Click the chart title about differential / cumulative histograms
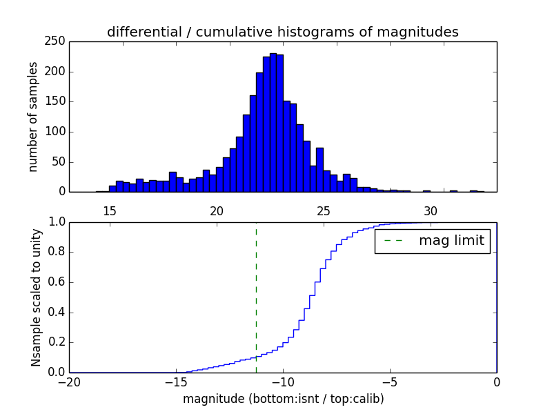(x=283, y=32)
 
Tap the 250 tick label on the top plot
(x=58, y=42)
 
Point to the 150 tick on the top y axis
(x=58, y=102)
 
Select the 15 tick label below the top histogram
(x=110, y=210)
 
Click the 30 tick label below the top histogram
(x=431, y=210)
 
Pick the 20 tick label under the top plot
(x=217, y=210)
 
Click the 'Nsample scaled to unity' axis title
(x=36, y=297)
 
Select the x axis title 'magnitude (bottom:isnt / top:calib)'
(x=283, y=399)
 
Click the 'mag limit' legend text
(x=451, y=241)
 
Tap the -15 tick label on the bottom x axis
(x=176, y=381)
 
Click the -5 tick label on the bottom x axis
(x=390, y=381)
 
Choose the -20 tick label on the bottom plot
(x=69, y=381)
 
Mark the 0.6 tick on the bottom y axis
(x=58, y=282)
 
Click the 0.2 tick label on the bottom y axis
(x=58, y=342)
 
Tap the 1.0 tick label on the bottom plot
(x=58, y=222)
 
